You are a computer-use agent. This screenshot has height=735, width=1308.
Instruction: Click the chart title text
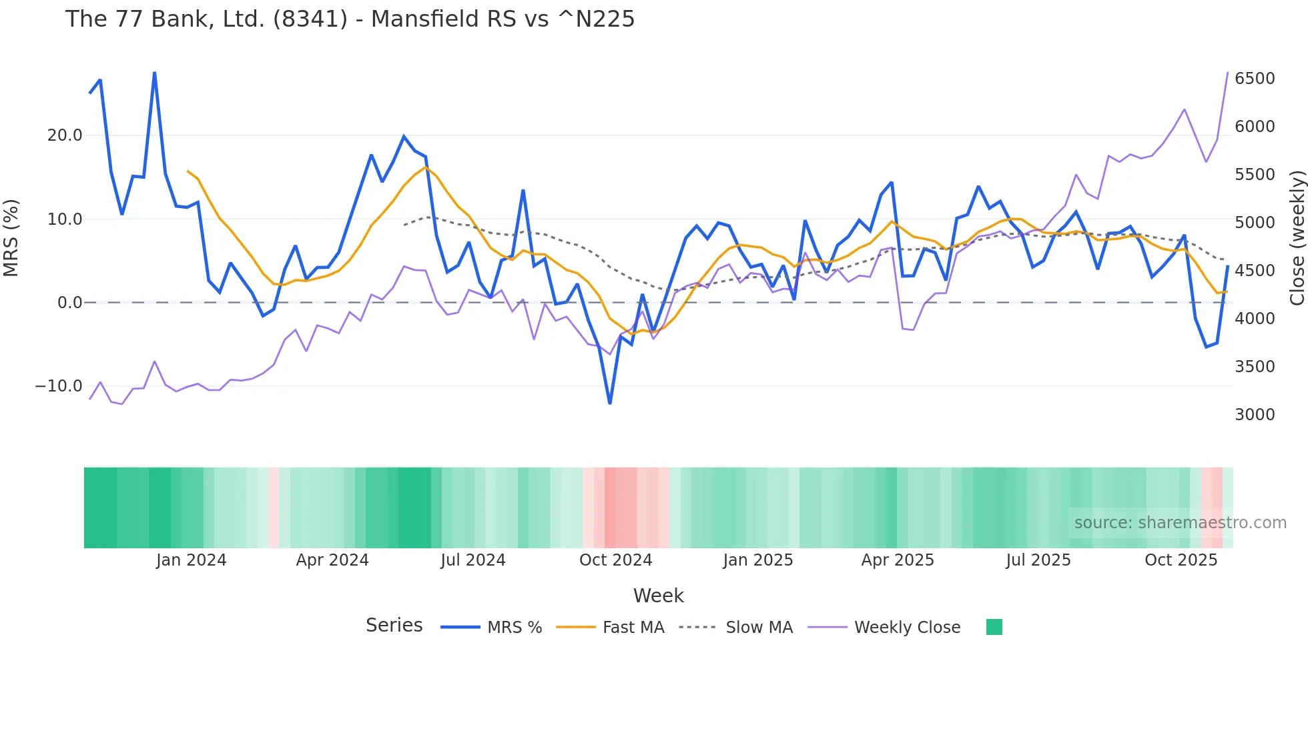350,19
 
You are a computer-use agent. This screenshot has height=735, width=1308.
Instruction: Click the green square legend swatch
994,627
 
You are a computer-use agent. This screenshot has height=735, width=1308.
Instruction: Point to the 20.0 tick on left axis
65,135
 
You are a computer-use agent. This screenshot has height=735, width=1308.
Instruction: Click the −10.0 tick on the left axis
59,386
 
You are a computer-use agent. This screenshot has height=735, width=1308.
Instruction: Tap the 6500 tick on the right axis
1254,79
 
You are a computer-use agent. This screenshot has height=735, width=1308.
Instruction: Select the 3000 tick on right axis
1254,415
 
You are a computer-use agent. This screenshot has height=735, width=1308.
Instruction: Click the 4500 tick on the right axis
1254,271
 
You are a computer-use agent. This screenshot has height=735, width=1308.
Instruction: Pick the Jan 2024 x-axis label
192,560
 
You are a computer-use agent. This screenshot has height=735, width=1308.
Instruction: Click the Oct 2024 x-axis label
615,560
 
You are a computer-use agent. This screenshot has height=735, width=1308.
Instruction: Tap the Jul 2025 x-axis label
1038,560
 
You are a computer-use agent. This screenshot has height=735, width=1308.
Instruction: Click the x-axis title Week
658,596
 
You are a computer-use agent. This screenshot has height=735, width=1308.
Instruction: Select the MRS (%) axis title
11,238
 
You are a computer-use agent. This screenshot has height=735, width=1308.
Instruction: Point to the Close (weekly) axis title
1297,238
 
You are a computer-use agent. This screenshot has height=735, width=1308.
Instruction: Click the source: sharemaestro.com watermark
1180,523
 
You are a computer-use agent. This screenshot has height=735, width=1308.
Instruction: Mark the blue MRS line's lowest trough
610,403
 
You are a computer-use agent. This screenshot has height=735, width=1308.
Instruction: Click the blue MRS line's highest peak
154,73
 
